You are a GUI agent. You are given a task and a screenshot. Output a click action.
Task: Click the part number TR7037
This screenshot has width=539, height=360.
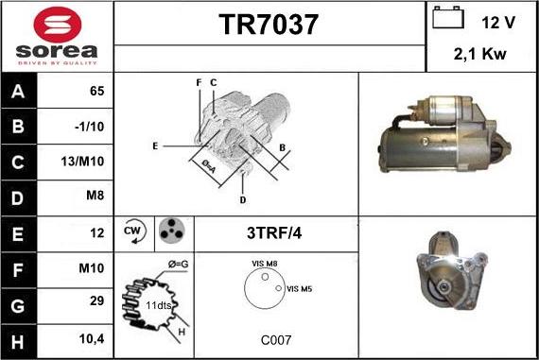pos(269,24)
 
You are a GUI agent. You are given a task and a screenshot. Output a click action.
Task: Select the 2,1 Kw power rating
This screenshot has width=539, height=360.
pos(480,55)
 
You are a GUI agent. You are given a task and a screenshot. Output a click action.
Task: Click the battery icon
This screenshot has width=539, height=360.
pos(445,19)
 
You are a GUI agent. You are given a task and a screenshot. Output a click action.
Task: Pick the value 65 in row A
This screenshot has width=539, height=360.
pos(96,91)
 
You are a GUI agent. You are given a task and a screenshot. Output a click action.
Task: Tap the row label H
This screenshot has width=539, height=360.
pos(16,337)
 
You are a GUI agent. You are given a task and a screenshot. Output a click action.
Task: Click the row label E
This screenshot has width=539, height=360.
pos(16,231)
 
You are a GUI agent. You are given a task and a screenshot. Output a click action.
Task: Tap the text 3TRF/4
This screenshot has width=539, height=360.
pos(274,232)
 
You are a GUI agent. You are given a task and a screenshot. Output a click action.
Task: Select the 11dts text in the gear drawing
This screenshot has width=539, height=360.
pos(158,306)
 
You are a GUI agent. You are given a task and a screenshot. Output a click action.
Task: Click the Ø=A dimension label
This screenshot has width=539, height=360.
pos(209,163)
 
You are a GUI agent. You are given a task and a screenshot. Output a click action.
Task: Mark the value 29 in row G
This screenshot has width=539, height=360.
pos(96,302)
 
